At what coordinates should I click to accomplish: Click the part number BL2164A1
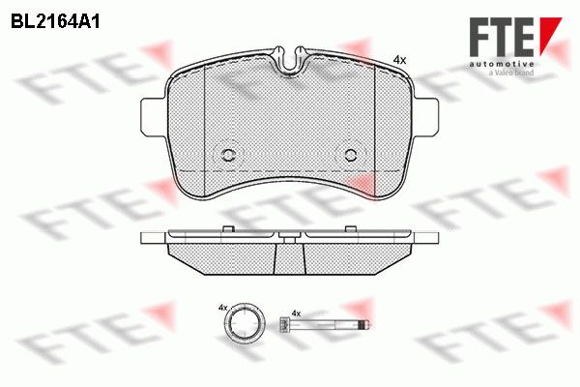pos(55,22)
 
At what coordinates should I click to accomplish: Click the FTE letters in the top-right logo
pos(502,37)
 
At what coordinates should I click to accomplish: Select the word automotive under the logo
pos(502,65)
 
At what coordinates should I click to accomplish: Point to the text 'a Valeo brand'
pos(511,73)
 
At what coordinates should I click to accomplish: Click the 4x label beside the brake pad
pos(399,60)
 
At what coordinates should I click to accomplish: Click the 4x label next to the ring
pos(222,307)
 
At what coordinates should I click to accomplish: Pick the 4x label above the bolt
pos(296,313)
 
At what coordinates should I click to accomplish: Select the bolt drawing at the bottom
pos(324,325)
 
